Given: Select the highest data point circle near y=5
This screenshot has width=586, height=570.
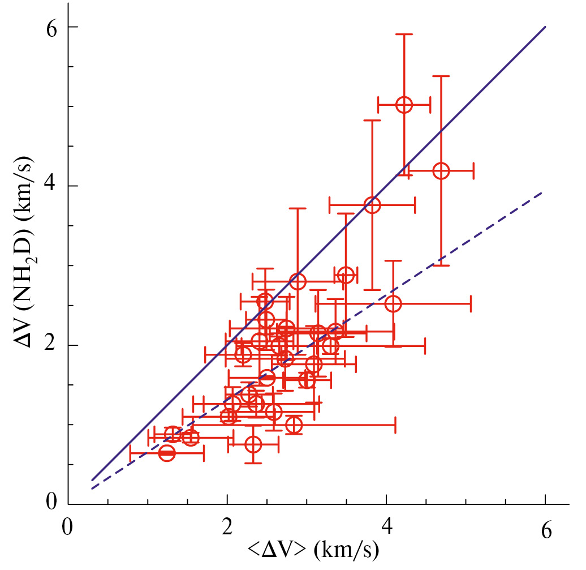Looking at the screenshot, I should click(x=404, y=105).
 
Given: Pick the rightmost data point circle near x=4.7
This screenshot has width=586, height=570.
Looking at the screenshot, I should click(x=441, y=170).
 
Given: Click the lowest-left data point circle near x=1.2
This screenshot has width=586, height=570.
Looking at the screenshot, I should click(x=167, y=453).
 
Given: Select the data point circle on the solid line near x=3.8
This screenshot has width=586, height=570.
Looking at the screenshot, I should click(x=372, y=205).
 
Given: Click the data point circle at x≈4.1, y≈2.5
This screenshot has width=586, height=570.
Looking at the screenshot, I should click(x=393, y=303).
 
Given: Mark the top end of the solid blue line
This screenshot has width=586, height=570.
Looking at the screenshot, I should click(x=545, y=27).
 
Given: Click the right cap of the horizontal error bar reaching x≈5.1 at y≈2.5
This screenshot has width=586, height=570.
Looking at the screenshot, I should click(x=471, y=303).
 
